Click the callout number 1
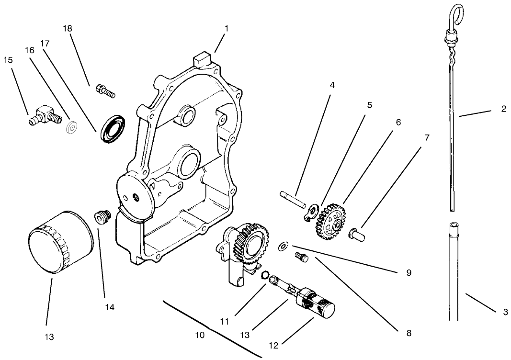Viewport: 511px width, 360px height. pos(227,28)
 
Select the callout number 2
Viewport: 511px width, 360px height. pos(503,109)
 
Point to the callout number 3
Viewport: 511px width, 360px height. pos(505,312)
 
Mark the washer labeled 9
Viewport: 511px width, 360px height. pos(284,247)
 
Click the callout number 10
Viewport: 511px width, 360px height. pos(200,335)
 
